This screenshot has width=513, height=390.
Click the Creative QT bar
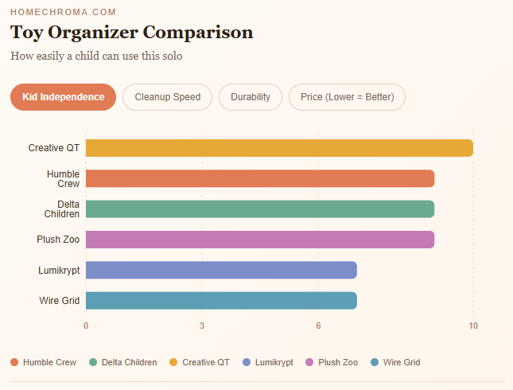pos(279,148)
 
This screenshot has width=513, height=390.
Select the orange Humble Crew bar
pos(260,178)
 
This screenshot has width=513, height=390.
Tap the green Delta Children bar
pos(260,209)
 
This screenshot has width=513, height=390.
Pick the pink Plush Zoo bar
pos(260,240)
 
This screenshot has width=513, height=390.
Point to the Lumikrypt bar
pos(221,270)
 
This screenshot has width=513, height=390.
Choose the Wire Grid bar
pos(221,301)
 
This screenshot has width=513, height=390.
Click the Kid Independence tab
pos(64,97)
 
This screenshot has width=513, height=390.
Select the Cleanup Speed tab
pos(167,97)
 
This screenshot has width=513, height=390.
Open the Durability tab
pos(251,97)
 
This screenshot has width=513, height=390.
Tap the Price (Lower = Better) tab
pos(347,97)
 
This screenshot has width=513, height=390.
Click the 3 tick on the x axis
pos(202,326)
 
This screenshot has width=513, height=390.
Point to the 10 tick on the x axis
pos(473,326)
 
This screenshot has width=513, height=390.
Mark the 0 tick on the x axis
pos(86,326)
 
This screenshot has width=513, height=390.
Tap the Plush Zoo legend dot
pos(310,362)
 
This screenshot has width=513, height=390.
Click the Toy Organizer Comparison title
pos(132,33)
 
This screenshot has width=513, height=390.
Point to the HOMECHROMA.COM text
pos(63,12)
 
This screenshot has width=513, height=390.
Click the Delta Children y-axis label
pos(62,209)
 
